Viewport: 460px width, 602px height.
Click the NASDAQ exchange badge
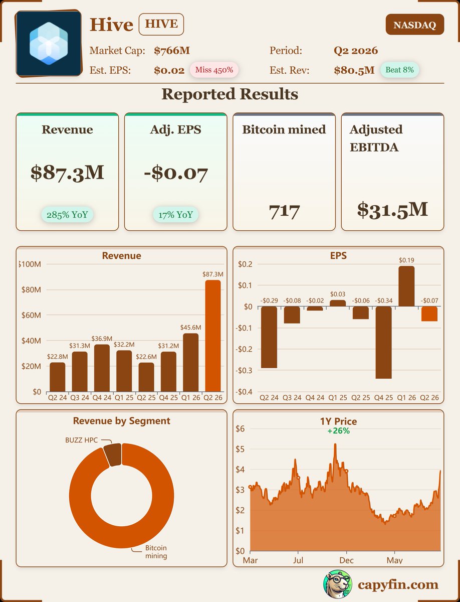pyautogui.click(x=414, y=25)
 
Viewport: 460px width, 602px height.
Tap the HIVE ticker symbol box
pyautogui.click(x=161, y=25)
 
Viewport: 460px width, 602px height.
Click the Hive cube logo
pyautogui.click(x=49, y=43)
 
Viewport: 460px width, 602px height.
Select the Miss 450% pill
pyautogui.click(x=214, y=70)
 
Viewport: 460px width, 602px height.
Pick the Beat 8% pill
pyautogui.click(x=399, y=70)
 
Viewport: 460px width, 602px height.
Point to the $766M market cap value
pyautogui.click(x=172, y=51)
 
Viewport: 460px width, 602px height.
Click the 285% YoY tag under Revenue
pyautogui.click(x=67, y=215)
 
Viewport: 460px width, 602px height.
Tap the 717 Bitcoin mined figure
pyautogui.click(x=284, y=211)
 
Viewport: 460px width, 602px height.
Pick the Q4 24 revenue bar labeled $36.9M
pyautogui.click(x=102, y=368)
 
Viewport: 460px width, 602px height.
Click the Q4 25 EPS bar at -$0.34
pyautogui.click(x=384, y=343)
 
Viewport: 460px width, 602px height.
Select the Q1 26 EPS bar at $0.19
pyautogui.click(x=406, y=286)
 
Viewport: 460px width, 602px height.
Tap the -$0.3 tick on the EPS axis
pyautogui.click(x=245, y=371)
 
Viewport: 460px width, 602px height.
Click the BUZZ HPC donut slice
pyautogui.click(x=112, y=455)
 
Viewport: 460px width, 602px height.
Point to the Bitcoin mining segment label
pyautogui.click(x=156, y=552)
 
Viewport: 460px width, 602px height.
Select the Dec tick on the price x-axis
pyautogui.click(x=346, y=560)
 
